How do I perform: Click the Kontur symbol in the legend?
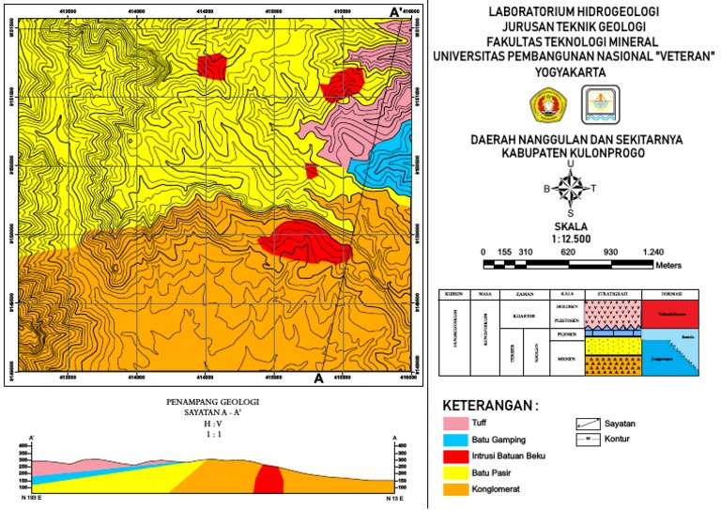pos(588,439)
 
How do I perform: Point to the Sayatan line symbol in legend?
pos(588,424)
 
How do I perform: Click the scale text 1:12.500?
pos(570,239)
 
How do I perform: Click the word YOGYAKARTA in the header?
pos(574,70)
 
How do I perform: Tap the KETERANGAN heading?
pos(490,406)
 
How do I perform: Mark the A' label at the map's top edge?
pos(395,10)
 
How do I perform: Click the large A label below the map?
pos(318,379)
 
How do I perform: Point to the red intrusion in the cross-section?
pos(269,479)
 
